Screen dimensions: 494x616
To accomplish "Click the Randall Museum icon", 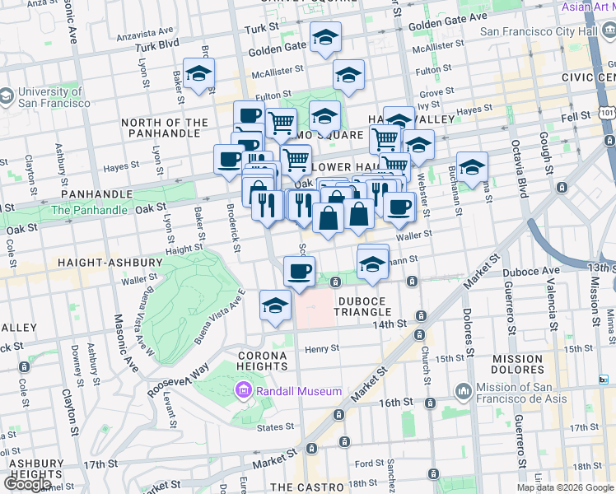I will pos(243,390).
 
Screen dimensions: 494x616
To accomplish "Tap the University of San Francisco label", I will pos(51,97).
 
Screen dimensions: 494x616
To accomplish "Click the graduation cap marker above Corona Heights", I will pos(274,305).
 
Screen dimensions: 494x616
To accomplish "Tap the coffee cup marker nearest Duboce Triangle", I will pos(299,270).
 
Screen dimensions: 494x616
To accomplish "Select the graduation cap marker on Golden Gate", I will pos(326,37).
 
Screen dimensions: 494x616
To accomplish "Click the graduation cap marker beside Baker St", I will pos(198,74).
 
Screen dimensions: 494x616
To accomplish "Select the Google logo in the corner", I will pos(27,484).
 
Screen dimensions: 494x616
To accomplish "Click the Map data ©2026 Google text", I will pos(565,487).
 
